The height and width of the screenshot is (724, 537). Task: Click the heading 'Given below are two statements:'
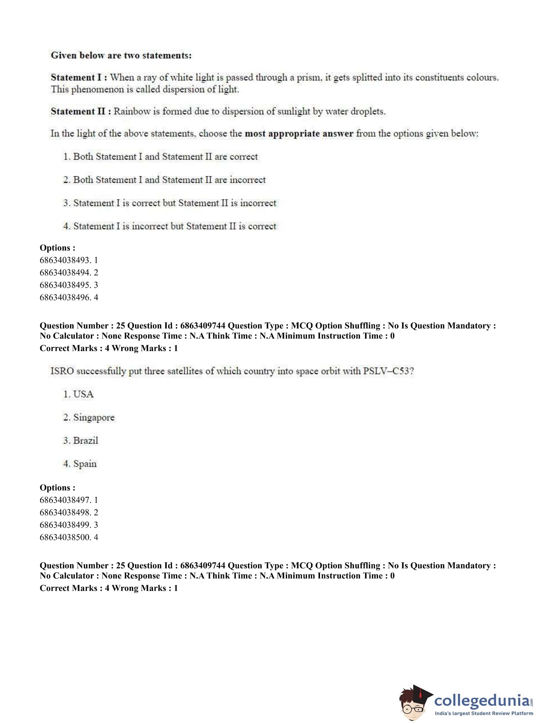tap(121, 56)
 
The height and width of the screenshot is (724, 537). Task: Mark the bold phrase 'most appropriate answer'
tap(299, 134)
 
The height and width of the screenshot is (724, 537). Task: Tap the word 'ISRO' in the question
tap(62, 371)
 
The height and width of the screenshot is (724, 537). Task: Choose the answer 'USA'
tap(83, 394)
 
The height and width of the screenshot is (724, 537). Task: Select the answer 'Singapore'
tap(94, 418)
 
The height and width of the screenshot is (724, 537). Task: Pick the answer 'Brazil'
tap(85, 441)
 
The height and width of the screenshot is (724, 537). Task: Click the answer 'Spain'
tap(85, 464)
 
